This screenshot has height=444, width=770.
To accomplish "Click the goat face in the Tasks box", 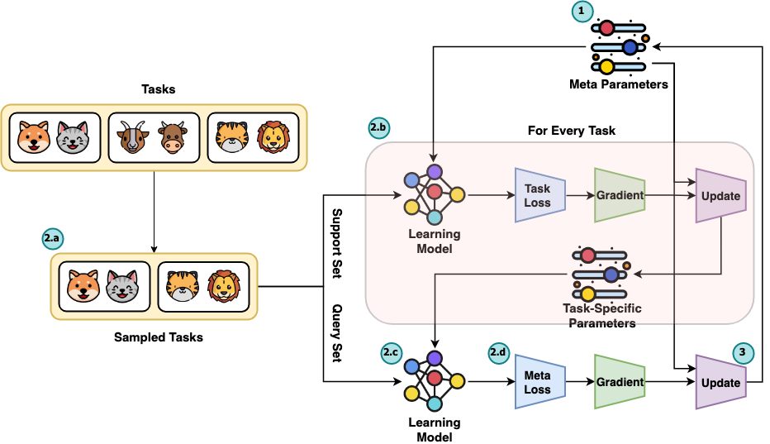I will (x=131, y=137).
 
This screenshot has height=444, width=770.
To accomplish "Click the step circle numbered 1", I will (x=583, y=12).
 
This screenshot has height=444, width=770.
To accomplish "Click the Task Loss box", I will (x=539, y=195).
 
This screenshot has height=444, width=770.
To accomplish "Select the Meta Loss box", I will (x=539, y=382).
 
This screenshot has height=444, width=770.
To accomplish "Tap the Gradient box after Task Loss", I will (x=619, y=195).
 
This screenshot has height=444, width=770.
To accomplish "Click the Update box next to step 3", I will (x=720, y=382).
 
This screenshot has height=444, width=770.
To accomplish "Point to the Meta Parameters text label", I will (x=618, y=84).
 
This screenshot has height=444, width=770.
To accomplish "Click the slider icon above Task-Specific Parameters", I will (x=601, y=275).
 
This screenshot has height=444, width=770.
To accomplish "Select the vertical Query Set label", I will (x=337, y=332).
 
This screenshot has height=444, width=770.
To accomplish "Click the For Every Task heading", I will (x=572, y=131).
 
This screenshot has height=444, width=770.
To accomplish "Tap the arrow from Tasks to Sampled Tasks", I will (x=153, y=211).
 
